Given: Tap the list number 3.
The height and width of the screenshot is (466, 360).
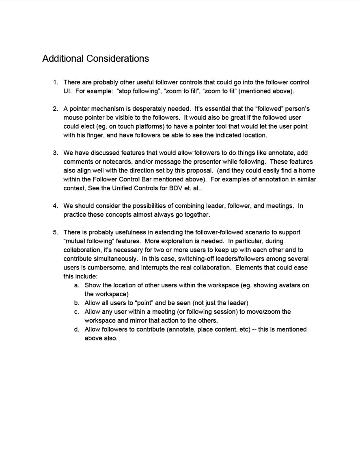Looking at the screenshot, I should (55, 153).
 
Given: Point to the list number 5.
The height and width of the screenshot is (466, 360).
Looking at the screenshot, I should (55, 233).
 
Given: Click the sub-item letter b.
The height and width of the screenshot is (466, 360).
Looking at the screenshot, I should (76, 303).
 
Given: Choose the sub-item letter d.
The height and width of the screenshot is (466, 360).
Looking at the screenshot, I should (76, 330).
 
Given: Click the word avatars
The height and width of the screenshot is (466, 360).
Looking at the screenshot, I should (285, 285).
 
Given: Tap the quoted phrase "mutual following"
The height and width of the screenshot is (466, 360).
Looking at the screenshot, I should (86, 242).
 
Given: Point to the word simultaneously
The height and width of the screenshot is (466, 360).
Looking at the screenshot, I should (114, 259).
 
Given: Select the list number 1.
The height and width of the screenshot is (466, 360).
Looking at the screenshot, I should (55, 82).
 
